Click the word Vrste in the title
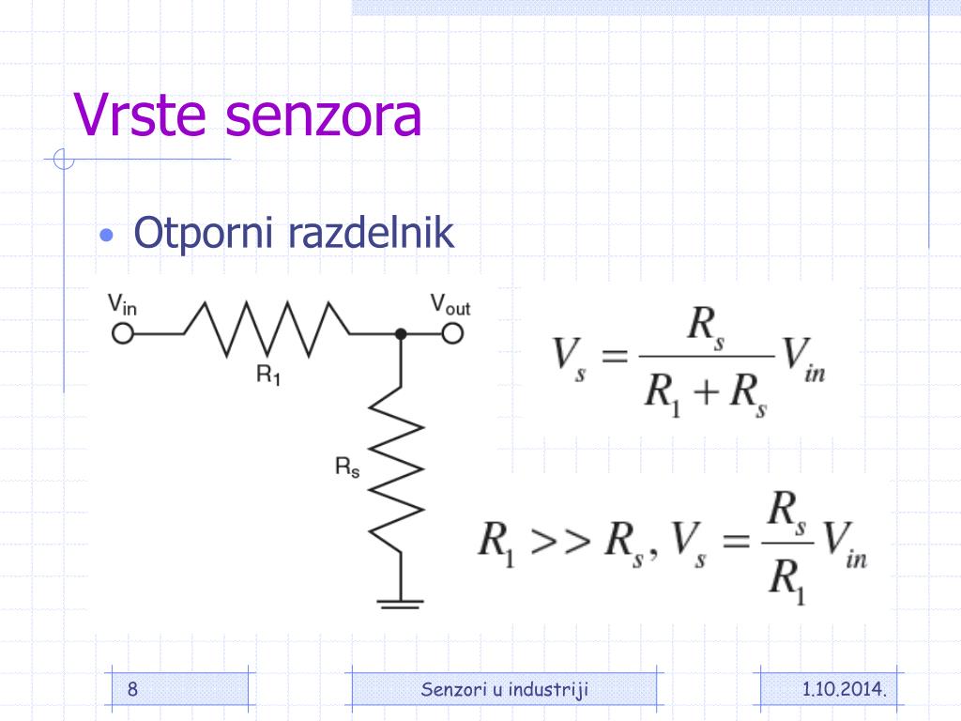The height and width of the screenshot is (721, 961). coord(142,115)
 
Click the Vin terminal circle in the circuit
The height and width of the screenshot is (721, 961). coord(122,333)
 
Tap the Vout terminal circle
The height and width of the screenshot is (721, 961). coord(453,333)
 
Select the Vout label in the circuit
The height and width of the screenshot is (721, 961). coord(450,304)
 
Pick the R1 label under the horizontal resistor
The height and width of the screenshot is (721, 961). coord(268,374)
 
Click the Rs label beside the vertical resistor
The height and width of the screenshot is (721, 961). coord(347,467)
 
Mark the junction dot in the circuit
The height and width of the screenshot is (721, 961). coord(401,333)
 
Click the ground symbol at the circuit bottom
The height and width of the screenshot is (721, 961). coord(401,601)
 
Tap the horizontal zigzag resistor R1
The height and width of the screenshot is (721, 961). coord(267,330)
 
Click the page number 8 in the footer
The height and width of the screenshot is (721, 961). coord(132,690)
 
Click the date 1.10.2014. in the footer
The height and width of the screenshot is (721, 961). coord(845,690)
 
